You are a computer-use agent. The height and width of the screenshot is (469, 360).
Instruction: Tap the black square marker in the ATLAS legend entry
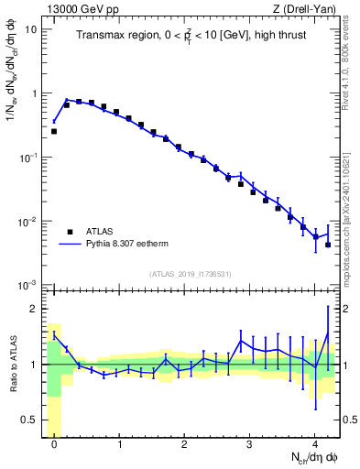point(70,232)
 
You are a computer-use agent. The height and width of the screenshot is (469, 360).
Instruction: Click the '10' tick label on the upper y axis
point(31,29)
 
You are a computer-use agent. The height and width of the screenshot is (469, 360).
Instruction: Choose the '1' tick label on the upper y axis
point(34,93)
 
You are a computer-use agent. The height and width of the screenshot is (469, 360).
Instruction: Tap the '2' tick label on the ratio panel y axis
point(34,309)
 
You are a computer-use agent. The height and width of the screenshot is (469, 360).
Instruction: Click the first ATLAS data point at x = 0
point(54,131)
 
